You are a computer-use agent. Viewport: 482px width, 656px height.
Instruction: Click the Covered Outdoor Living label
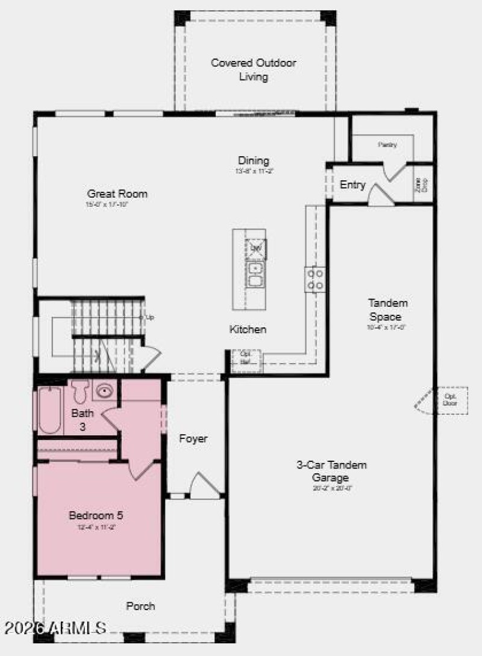click(x=253, y=70)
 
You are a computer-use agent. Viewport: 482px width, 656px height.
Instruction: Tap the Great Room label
click(x=117, y=194)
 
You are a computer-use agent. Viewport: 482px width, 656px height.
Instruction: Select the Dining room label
click(x=253, y=160)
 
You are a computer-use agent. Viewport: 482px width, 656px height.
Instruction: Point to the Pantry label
click(x=387, y=145)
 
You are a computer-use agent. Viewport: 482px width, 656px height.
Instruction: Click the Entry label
click(x=352, y=185)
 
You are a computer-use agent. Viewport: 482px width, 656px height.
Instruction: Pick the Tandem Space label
click(x=388, y=309)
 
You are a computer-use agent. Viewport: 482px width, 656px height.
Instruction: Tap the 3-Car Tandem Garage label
click(x=331, y=471)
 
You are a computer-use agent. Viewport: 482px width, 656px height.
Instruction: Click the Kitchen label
click(x=248, y=329)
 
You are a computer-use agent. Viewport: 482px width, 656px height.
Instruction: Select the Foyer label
click(x=193, y=438)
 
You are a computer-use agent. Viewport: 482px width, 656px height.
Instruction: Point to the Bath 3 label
click(x=83, y=420)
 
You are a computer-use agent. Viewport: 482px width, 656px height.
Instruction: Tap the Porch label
click(x=140, y=606)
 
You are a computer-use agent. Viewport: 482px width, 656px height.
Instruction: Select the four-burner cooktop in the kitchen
click(x=315, y=279)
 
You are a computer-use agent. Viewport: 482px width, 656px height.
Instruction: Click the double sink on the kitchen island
click(x=255, y=274)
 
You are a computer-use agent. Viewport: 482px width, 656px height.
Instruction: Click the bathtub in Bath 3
click(x=49, y=410)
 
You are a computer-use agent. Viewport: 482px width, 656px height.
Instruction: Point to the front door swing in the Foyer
click(x=203, y=487)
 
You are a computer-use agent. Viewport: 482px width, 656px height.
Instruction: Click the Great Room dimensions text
click(x=107, y=205)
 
